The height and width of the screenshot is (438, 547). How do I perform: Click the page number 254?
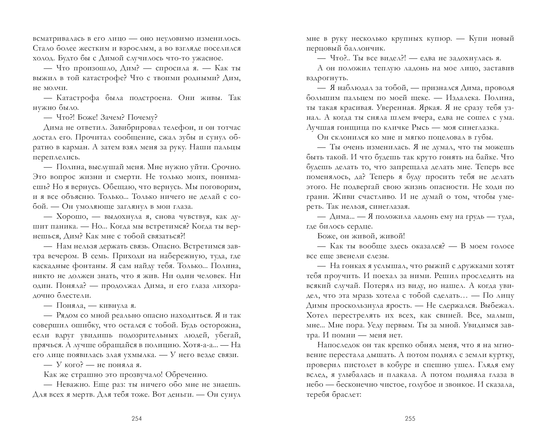137,419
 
